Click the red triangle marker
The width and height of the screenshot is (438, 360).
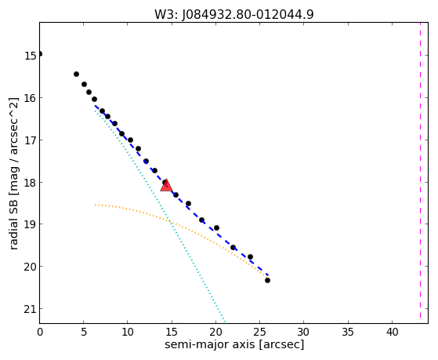point(166,185)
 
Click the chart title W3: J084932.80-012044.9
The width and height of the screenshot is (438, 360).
point(234,15)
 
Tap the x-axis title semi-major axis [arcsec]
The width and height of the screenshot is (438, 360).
point(234,344)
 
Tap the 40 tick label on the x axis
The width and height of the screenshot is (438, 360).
point(392,332)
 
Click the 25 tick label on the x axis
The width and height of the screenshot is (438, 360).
point(259,332)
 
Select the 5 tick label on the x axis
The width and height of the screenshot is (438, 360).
point(84,332)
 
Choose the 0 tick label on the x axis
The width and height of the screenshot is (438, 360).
point(40,332)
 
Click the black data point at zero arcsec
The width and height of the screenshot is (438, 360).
point(40,53)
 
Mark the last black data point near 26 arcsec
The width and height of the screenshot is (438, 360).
point(267,280)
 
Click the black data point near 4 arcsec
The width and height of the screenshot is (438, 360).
point(76,75)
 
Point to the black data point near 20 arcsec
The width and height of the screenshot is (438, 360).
point(216,228)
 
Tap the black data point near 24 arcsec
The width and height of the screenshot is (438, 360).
point(250,256)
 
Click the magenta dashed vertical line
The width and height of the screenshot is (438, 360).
point(420,170)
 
